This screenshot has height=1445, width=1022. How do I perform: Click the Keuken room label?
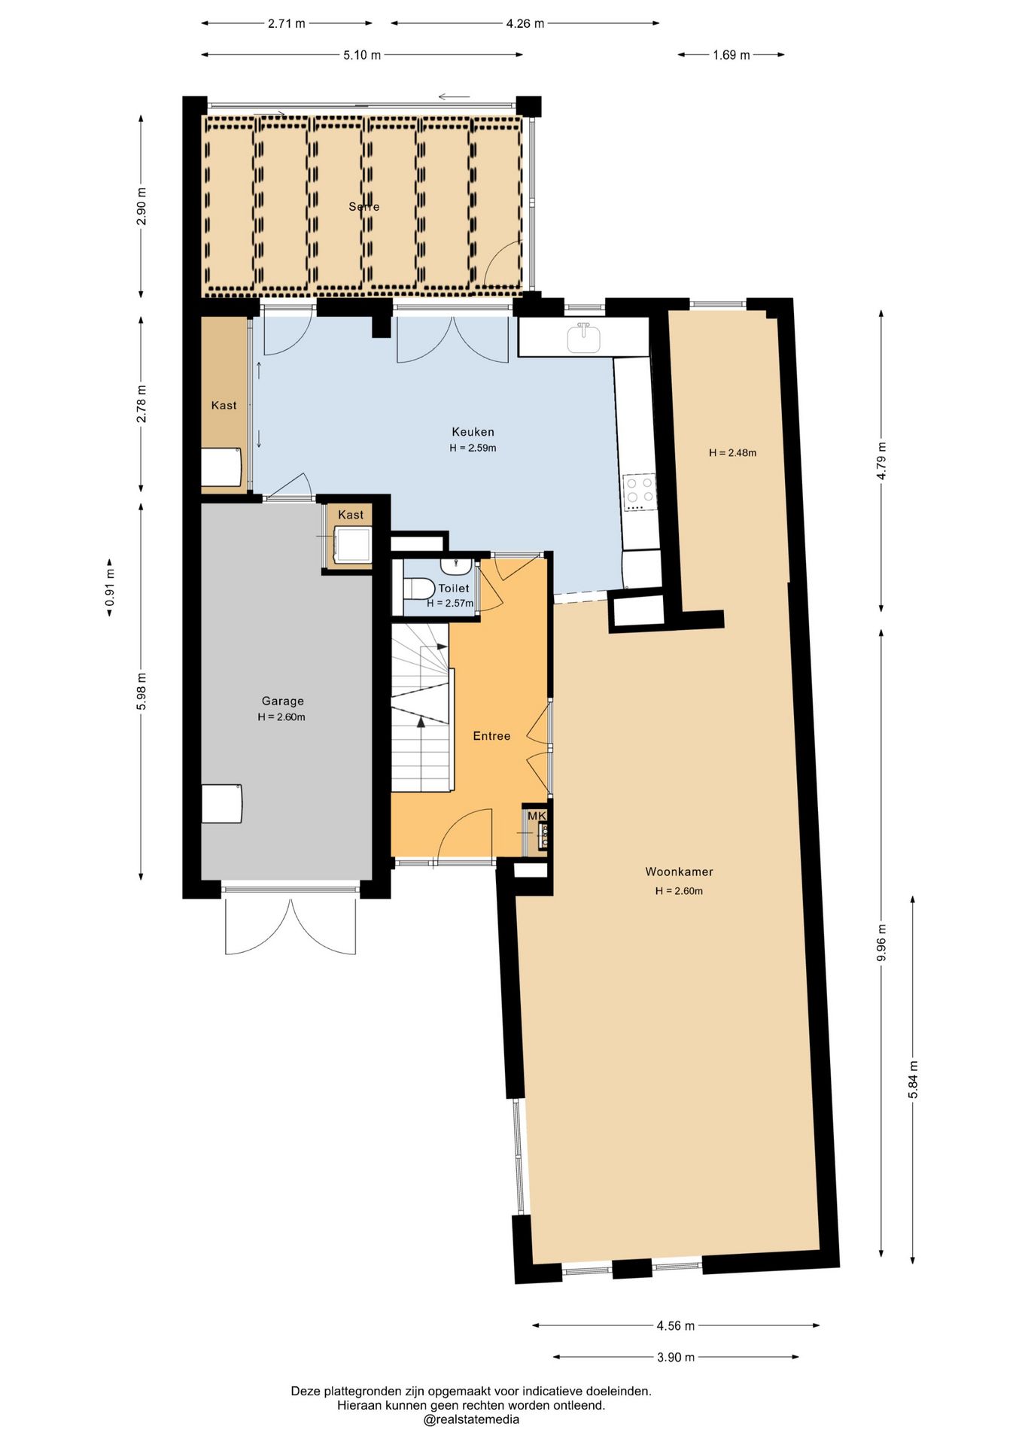473,432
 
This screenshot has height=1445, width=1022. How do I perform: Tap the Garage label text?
282,701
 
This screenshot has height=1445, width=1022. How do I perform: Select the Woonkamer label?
679,872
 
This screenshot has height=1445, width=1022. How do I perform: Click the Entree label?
491,736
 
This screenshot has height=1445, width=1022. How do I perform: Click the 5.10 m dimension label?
362,55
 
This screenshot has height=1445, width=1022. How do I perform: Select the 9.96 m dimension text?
881,942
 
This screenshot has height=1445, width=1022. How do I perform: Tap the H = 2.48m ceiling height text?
732,453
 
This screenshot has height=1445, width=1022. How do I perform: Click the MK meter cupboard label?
537,816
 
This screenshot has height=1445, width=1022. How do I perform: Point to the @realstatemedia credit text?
471,1419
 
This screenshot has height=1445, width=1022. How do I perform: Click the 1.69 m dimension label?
732,55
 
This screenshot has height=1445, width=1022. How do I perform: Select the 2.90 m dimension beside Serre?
141,206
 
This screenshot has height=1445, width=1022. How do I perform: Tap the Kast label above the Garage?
351,515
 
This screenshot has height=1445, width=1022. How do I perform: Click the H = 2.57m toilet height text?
450,604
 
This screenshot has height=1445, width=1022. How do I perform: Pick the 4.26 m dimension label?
525,23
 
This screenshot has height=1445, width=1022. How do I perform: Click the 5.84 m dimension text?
913,1080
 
